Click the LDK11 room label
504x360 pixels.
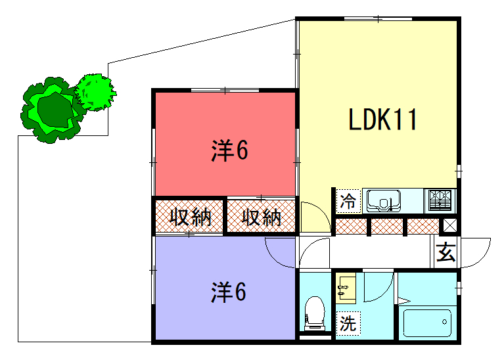coord(383,120)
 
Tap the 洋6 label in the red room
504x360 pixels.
coord(229,151)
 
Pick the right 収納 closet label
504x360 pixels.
coord(261,217)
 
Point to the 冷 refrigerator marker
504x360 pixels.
coord(348,201)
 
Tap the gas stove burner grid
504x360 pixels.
coord(441,200)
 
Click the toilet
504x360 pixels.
coord(315,313)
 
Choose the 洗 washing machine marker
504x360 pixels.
coord(348,323)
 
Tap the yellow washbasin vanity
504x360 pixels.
coord(346,287)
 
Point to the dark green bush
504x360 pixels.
coord(51,110)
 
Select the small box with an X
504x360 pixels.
coord(450,226)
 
